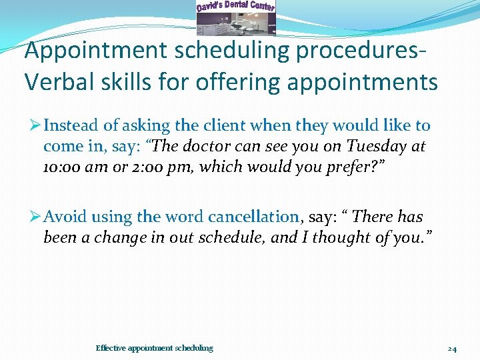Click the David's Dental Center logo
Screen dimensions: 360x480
[x=235, y=17]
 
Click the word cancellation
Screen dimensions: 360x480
[x=254, y=217]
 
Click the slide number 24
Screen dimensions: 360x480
[x=452, y=348]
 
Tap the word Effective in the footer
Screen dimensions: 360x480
[x=111, y=348]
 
